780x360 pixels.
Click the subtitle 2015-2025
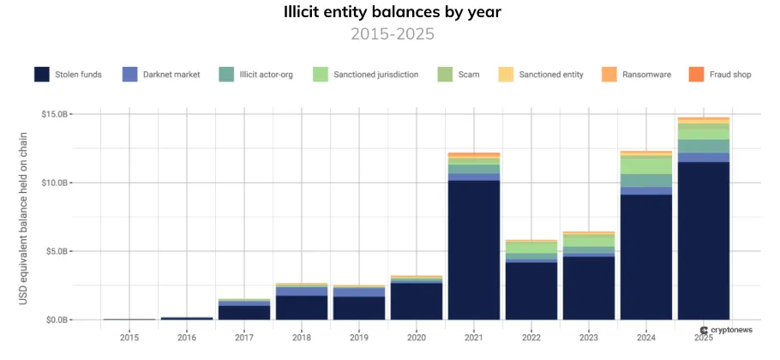[x=392, y=34]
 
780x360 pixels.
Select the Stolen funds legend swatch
[x=42, y=75]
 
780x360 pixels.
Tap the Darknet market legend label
[x=171, y=75]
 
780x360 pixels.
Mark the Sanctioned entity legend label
[x=551, y=75]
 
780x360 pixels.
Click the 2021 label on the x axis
[x=474, y=337]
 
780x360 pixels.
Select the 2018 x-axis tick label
[x=302, y=337]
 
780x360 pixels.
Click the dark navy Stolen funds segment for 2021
[x=474, y=249]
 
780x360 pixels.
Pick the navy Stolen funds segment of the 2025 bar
[x=704, y=240]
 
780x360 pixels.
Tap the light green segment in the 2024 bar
[x=646, y=165]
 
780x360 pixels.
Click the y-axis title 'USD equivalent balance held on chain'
[x=24, y=214]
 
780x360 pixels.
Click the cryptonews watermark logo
[x=726, y=329]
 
